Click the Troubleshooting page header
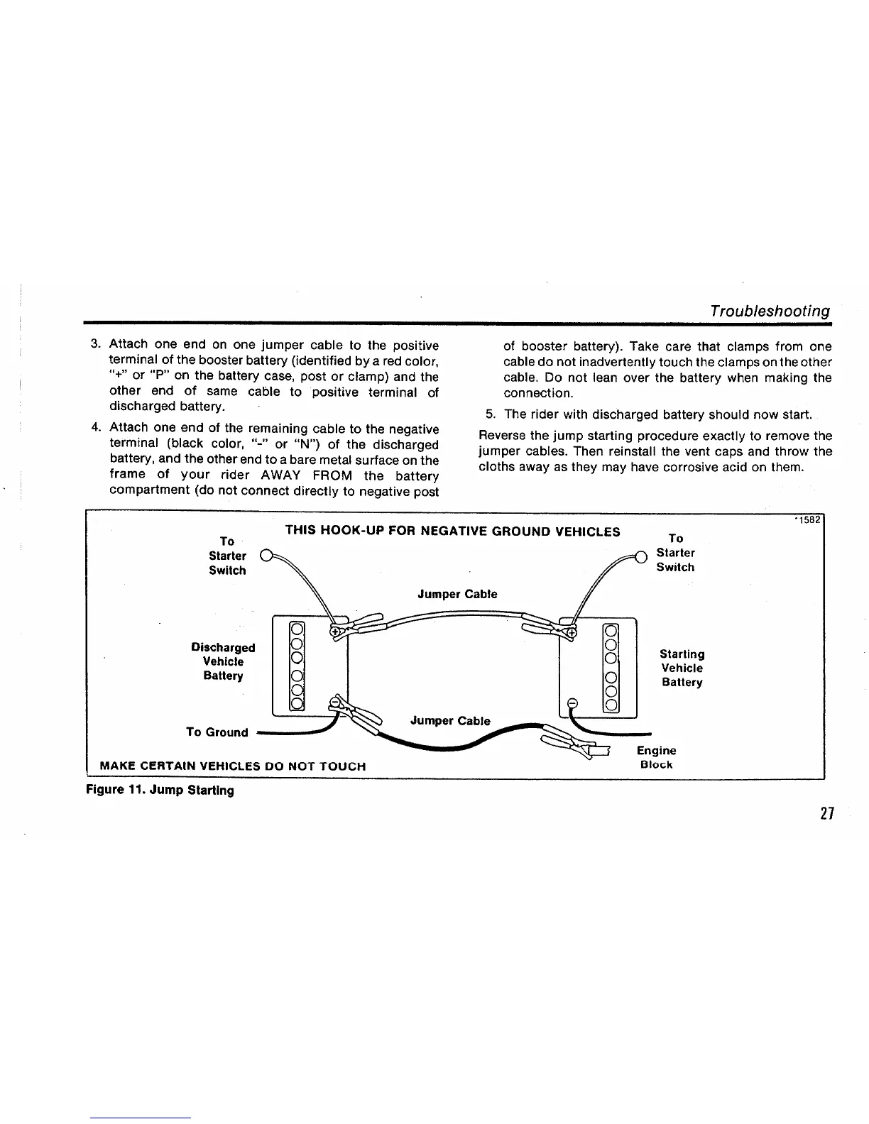(x=770, y=312)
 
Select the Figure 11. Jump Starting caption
(x=160, y=790)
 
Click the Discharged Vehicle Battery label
(x=223, y=661)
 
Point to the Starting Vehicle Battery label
(x=682, y=668)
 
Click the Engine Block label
(x=656, y=757)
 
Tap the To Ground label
(x=217, y=732)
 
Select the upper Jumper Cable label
(x=457, y=594)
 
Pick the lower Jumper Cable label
(x=450, y=721)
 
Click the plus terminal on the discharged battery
(x=335, y=630)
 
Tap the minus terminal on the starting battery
(x=574, y=704)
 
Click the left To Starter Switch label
(x=227, y=556)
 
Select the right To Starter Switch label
(x=675, y=553)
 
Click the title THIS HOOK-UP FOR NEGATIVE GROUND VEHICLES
(x=452, y=531)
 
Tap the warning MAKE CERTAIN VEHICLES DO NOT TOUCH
(x=234, y=766)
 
